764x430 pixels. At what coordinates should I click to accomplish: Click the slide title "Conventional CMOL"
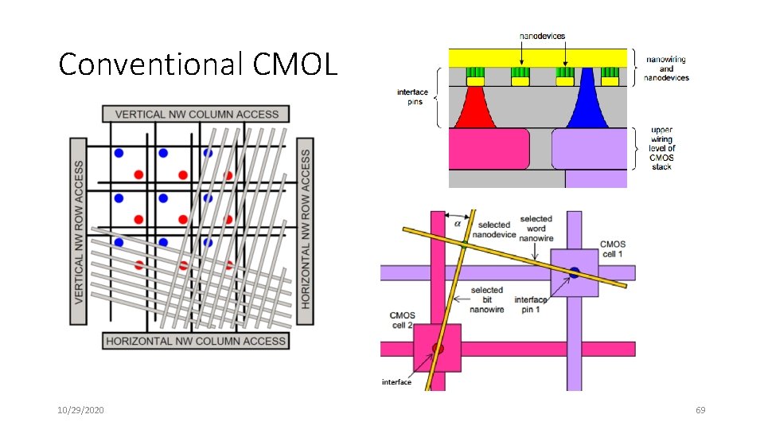tap(198, 64)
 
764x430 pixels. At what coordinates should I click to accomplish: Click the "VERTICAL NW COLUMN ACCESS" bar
tap(196, 114)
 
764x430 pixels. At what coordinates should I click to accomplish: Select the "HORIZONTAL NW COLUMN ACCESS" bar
tap(196, 341)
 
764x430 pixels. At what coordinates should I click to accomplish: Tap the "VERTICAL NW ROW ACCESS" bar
tap(79, 232)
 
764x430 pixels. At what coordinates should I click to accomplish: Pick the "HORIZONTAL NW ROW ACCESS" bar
tap(305, 231)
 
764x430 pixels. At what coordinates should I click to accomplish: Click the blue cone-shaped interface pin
tap(587, 102)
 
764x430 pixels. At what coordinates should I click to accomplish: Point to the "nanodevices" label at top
tap(543, 36)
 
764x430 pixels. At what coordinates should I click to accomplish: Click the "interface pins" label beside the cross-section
tap(413, 97)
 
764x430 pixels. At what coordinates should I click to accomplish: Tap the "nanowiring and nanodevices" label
tap(667, 68)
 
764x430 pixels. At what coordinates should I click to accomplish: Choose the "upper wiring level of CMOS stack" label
tap(661, 148)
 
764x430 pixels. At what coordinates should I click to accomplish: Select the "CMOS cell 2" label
tap(402, 320)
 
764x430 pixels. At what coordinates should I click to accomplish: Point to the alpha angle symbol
tap(457, 224)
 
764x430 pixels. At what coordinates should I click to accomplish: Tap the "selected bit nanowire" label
tap(486, 299)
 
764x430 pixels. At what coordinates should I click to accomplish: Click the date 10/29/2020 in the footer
tap(80, 409)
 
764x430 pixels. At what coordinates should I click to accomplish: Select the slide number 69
tap(700, 409)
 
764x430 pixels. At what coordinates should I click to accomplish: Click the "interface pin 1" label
tap(532, 305)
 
